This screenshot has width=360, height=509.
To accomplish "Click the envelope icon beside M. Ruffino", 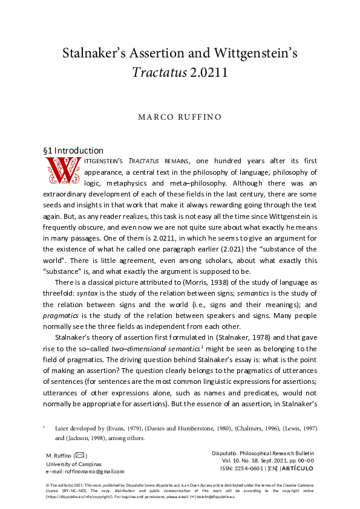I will click(x=80, y=455).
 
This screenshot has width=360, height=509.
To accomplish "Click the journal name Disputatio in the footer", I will click(x=226, y=453).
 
